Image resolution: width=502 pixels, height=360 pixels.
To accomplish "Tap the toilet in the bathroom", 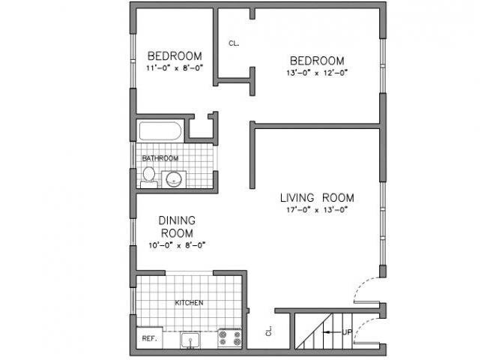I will (x=148, y=178).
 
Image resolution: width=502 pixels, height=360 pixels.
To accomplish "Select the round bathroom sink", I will (x=174, y=179).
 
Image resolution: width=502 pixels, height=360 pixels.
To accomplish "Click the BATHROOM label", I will (x=160, y=158).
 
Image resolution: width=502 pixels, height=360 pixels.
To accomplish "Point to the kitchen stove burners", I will (x=229, y=338).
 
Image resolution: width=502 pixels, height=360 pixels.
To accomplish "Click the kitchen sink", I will (x=190, y=339).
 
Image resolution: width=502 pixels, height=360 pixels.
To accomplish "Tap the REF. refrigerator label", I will (x=148, y=339).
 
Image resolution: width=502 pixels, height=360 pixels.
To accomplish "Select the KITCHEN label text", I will (x=189, y=303).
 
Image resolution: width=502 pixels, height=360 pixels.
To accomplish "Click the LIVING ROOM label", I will (x=317, y=198).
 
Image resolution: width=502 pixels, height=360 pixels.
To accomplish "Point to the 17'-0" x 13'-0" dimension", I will (x=317, y=210).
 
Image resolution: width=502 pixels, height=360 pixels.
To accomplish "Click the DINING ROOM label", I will (x=177, y=226).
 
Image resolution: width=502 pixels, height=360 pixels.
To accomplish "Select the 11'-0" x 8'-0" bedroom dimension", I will (x=175, y=68).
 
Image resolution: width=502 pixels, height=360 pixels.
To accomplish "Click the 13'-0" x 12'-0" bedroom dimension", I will (x=317, y=73).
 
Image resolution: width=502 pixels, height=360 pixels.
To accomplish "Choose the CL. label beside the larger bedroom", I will (x=234, y=43).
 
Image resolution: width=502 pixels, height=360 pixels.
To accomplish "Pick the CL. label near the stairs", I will (x=267, y=329).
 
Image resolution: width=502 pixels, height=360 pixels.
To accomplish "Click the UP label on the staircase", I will (x=347, y=331).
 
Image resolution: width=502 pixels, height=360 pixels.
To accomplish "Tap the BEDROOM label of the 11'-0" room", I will (x=175, y=56).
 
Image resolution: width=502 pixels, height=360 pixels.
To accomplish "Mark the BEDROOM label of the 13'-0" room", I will (x=317, y=60).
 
